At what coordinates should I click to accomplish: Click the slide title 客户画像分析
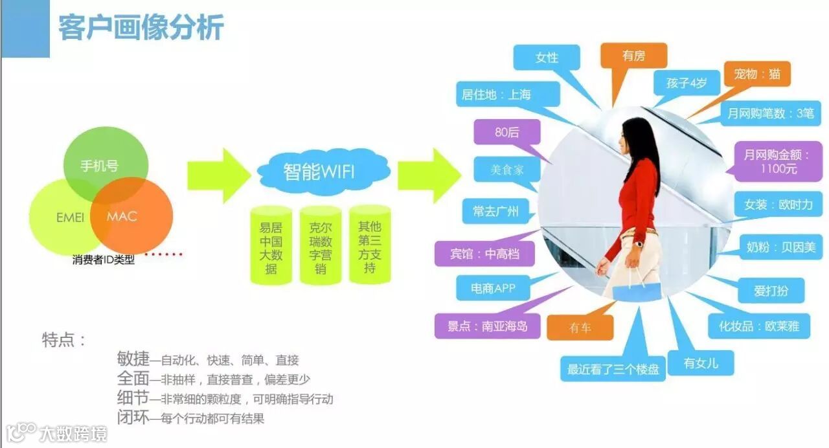pyautogui.click(x=141, y=28)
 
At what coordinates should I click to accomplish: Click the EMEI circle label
pyautogui.click(x=70, y=217)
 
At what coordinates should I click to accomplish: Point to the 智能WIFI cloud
pyautogui.click(x=319, y=172)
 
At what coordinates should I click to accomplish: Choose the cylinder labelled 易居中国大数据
pyautogui.click(x=271, y=246)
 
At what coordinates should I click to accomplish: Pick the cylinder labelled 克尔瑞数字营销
pyautogui.click(x=320, y=246)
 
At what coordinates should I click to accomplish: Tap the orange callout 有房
pyautogui.click(x=633, y=56)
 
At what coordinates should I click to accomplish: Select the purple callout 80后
pyautogui.click(x=506, y=132)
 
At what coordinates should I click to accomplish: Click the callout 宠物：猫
pyautogui.click(x=757, y=74)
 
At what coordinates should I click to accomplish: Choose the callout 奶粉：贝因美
pyautogui.click(x=780, y=247)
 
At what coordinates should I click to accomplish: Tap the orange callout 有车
pyautogui.click(x=580, y=328)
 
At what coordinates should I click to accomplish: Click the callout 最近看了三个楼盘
pyautogui.click(x=613, y=370)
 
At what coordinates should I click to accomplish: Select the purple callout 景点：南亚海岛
pyautogui.click(x=487, y=326)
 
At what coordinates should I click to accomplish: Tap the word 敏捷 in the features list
pyautogui.click(x=133, y=359)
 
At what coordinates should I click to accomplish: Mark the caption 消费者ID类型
pyautogui.click(x=104, y=260)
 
